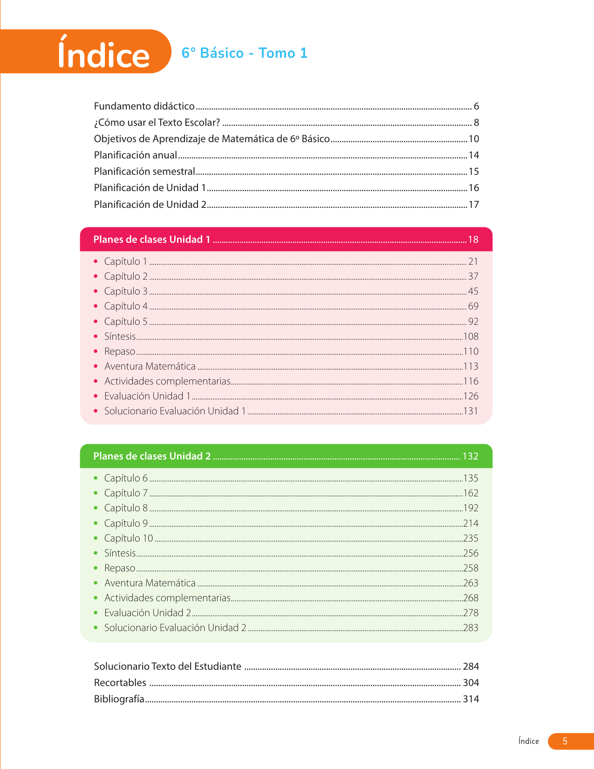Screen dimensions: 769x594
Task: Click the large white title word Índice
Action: (103, 55)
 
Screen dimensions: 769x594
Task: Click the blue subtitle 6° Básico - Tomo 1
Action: (245, 53)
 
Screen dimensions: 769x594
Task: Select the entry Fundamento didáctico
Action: (144, 106)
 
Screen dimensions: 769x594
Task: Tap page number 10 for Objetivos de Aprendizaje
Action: (473, 139)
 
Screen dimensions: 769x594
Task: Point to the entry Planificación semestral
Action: (144, 172)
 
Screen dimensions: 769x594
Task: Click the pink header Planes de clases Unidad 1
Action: (152, 240)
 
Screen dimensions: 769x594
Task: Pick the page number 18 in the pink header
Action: (473, 240)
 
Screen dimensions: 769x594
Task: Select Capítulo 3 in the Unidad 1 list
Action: (126, 291)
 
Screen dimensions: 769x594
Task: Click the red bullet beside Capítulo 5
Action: (96, 322)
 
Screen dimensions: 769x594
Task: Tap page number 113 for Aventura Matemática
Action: (471, 366)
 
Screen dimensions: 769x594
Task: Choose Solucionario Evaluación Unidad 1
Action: (175, 411)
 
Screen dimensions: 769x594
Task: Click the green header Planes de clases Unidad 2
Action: (152, 456)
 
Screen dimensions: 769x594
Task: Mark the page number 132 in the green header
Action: (470, 456)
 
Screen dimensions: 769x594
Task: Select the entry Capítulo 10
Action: (129, 538)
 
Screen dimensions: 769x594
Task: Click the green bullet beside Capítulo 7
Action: (96, 493)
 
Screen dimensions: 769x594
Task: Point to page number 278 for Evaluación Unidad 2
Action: (471, 613)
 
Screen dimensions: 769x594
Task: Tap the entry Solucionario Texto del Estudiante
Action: (168, 666)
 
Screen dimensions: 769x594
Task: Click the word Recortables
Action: (120, 683)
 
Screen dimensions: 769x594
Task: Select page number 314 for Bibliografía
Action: (471, 699)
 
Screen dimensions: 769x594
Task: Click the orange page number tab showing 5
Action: (565, 741)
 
